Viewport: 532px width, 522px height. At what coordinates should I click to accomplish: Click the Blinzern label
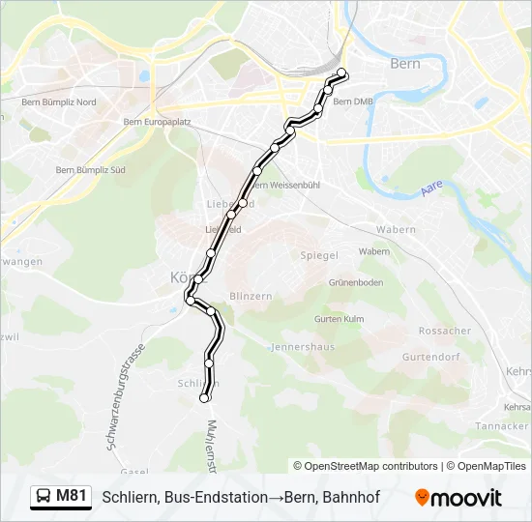tap(250, 296)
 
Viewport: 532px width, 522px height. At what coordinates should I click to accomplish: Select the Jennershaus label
tap(303, 345)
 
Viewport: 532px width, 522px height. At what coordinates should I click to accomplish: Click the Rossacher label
tap(444, 331)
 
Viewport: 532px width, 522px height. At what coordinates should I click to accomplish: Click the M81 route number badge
tap(71, 496)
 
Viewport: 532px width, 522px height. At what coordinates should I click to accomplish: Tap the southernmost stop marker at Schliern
tap(204, 398)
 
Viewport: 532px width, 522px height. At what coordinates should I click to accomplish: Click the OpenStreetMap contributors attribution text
tap(367, 466)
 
